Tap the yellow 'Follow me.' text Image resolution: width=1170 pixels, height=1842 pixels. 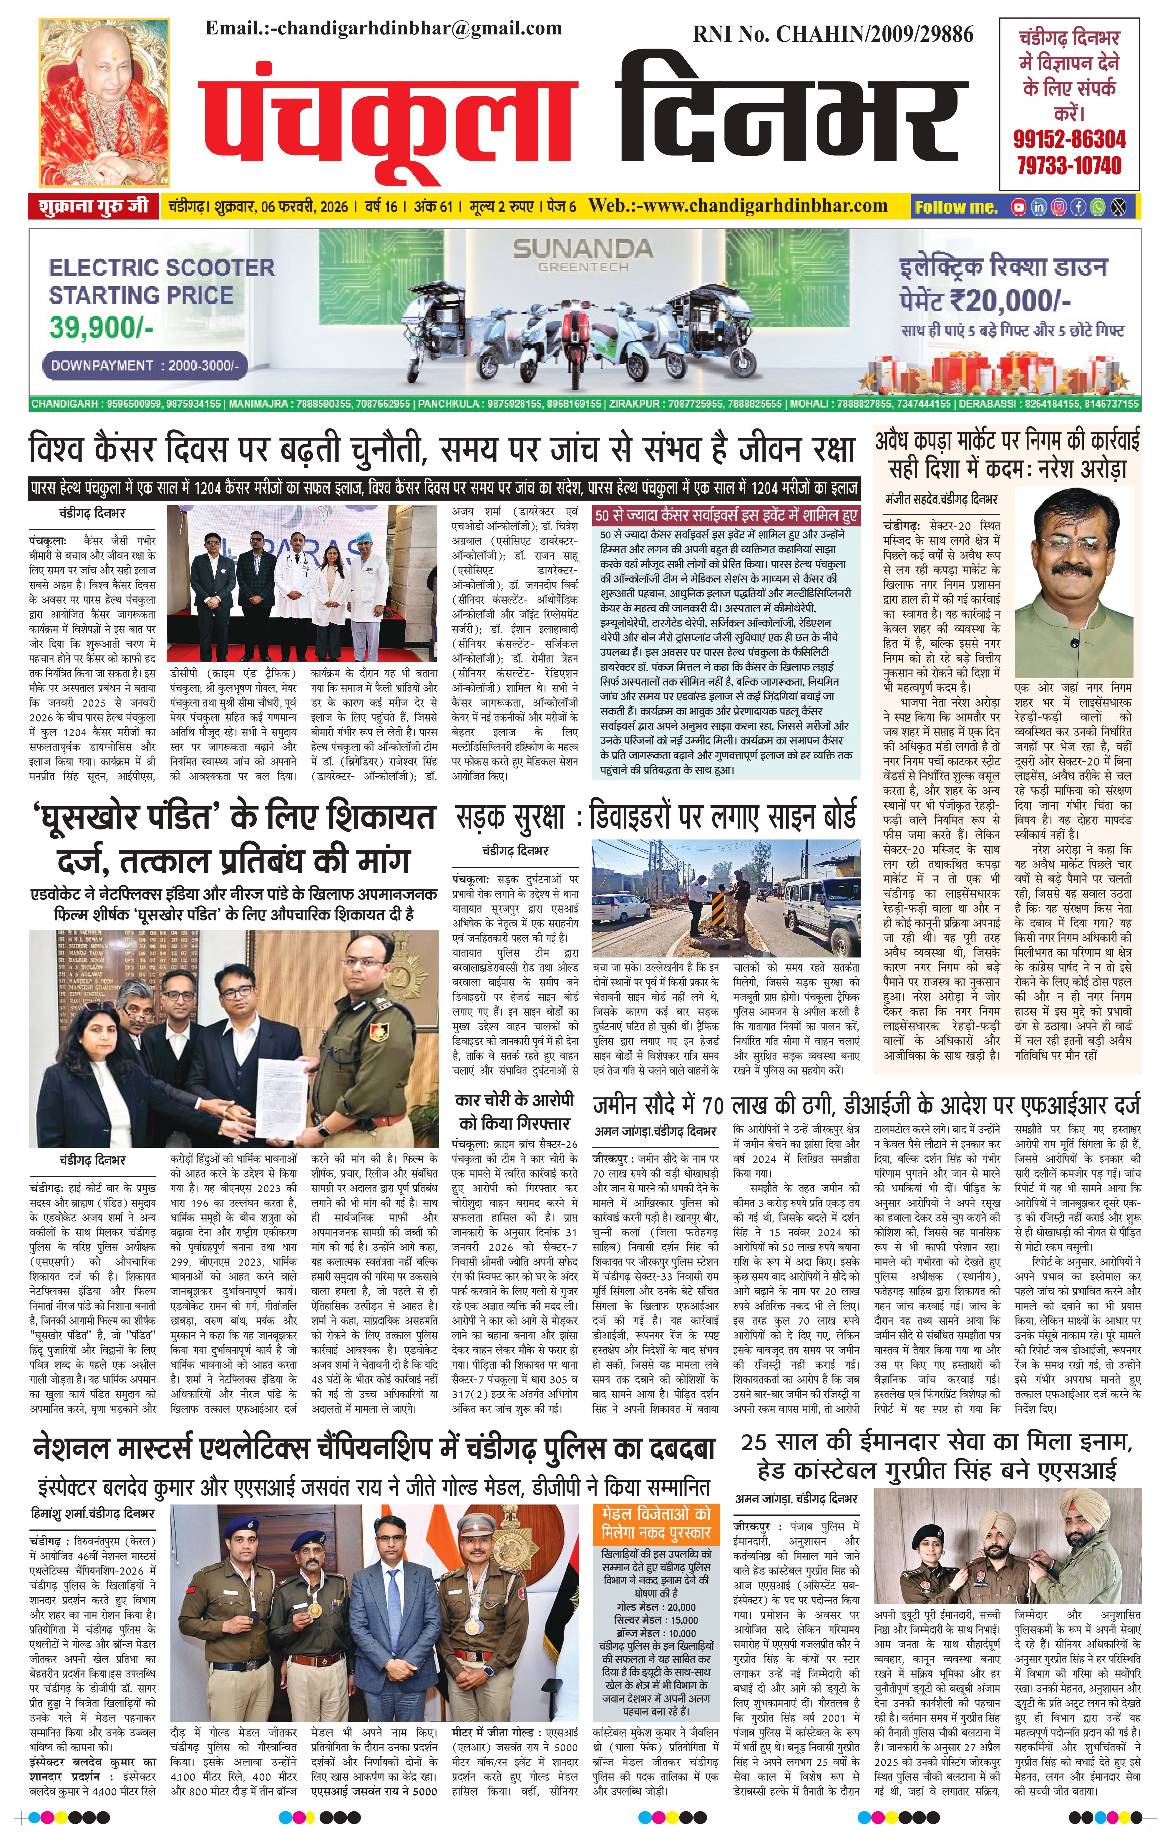pos(956,207)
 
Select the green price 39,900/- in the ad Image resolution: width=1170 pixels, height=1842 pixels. pos(102,327)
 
